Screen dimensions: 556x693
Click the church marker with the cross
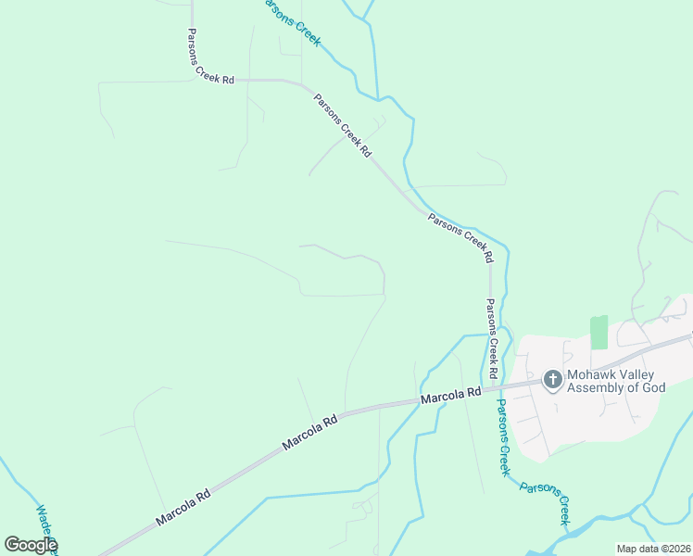(x=552, y=379)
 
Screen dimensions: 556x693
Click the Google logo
(x=31, y=545)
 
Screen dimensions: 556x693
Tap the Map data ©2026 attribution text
(x=653, y=549)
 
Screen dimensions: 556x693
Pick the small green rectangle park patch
(x=598, y=333)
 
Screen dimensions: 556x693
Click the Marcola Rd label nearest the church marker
(x=450, y=395)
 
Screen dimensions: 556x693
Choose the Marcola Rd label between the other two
(x=309, y=432)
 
